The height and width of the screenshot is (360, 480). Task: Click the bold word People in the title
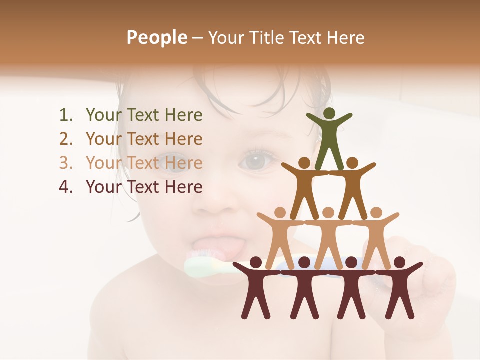pos(156,37)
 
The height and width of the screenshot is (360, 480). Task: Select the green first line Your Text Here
pos(144,115)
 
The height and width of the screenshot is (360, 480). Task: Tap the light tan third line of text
pos(144,163)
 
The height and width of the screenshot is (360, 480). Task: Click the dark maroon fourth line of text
pos(144,187)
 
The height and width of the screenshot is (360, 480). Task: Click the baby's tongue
pos(220,246)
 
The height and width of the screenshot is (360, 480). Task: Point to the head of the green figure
pos(329,114)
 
